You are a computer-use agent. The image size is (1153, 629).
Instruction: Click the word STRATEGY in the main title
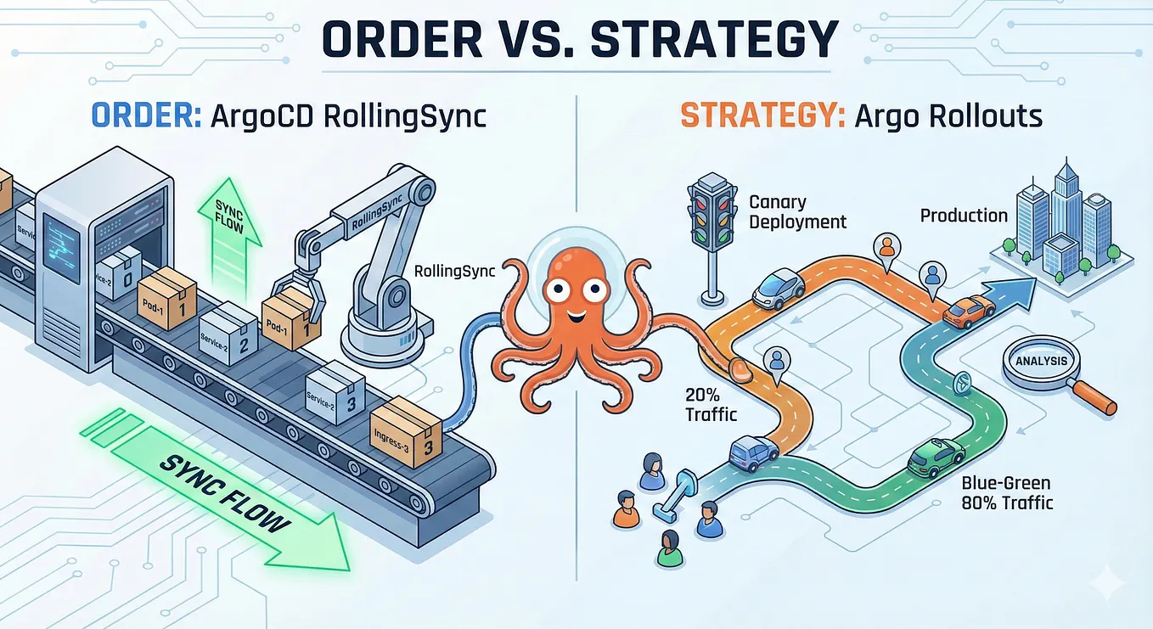714,40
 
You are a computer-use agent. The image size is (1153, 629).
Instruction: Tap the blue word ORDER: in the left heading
147,115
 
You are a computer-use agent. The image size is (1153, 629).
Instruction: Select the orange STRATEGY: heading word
762,115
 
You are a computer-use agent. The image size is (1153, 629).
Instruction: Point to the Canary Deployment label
797,211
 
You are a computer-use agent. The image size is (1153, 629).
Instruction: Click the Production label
964,215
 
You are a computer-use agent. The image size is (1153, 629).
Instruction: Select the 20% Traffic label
711,405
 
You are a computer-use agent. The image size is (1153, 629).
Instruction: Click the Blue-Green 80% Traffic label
1007,492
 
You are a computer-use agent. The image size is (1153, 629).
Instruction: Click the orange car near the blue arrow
969,311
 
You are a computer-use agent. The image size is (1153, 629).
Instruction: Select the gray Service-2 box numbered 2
228,333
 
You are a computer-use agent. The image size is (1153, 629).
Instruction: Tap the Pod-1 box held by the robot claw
291,318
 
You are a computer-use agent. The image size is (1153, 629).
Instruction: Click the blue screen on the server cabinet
61,248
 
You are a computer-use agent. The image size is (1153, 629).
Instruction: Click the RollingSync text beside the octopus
454,272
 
